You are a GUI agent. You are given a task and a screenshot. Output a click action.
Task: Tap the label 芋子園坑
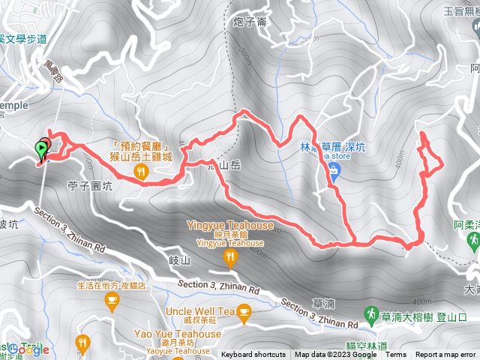coord(89,187)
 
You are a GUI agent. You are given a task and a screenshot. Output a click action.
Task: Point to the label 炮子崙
coord(250,22)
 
